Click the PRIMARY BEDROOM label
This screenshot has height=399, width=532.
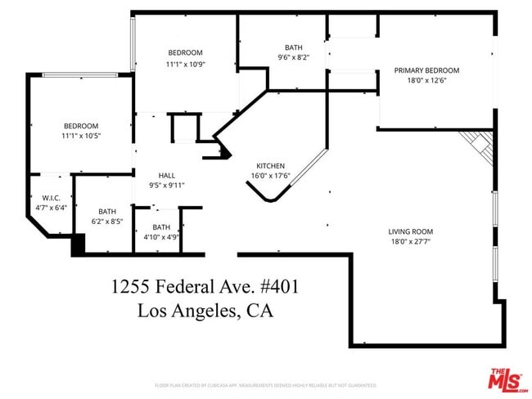426,70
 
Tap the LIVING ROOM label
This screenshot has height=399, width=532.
410,231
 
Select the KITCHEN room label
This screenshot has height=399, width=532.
270,164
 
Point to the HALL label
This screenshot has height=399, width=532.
167,175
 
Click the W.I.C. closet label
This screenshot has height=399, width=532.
51,198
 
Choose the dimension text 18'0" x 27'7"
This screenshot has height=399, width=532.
410,242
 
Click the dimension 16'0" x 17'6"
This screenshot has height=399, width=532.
270,175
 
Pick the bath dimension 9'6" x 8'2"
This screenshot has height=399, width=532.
294,58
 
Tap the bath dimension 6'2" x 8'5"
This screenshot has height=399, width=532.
107,221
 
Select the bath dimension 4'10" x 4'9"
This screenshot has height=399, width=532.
161,237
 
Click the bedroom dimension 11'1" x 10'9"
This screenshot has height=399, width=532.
185,64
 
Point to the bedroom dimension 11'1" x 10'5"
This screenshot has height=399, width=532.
81,136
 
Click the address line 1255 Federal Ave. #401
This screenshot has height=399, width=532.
205,287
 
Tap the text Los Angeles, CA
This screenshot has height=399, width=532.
205,311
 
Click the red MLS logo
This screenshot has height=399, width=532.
507,379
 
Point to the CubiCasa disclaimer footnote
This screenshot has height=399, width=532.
265,384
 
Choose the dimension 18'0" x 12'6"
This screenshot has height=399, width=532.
426,81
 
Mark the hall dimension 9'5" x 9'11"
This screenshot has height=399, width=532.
167,186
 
